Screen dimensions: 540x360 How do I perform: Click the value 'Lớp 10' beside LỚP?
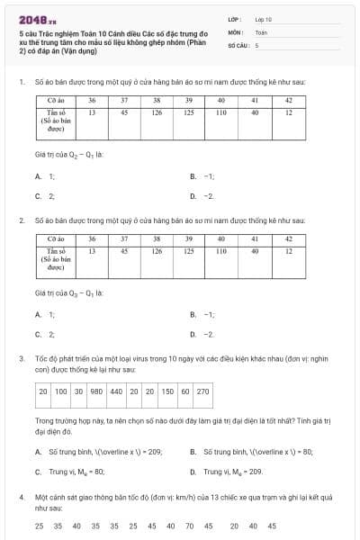(263, 18)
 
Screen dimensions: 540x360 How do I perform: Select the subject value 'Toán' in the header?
(261, 31)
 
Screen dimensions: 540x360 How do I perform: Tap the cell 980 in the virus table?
(96, 391)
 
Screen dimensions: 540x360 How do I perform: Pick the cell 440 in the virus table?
(116, 391)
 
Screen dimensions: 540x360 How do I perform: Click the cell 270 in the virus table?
(202, 391)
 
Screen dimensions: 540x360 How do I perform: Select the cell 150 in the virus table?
(167, 391)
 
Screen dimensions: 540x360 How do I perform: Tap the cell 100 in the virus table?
(60, 391)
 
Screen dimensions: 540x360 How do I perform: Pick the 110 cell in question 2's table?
(220, 252)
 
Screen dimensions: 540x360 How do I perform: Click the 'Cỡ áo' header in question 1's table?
(54, 100)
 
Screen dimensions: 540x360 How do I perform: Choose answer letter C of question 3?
(38, 471)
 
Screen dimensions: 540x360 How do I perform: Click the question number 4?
(22, 497)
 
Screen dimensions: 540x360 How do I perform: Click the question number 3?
(22, 358)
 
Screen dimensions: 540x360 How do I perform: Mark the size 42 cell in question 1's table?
(289, 100)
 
